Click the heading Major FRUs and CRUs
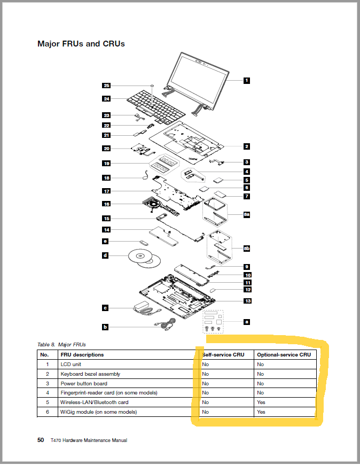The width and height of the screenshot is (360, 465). pos(81,44)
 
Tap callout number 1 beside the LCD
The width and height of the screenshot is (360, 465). pos(246,80)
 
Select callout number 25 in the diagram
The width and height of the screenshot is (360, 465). pos(106,86)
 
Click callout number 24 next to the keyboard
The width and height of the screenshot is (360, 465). pos(106,98)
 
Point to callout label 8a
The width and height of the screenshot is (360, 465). pos(246,214)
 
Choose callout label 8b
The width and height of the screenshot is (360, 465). pos(246,249)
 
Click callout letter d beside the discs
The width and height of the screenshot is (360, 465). pos(105,256)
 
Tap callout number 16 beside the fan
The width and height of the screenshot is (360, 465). pos(106,204)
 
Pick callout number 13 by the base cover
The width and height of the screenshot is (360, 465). pos(247,301)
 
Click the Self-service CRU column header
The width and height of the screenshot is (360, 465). pos(223,354)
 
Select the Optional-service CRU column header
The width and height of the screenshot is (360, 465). pos(283,354)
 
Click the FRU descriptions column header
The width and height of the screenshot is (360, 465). pos(82,354)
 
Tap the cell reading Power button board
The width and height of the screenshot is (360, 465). pos(84,383)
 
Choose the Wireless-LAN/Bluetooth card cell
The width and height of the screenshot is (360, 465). pos(94,402)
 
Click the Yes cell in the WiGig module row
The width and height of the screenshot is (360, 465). pos(261,412)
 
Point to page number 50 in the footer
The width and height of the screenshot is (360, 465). pos(41,440)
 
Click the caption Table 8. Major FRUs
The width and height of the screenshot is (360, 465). pos(61,344)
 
